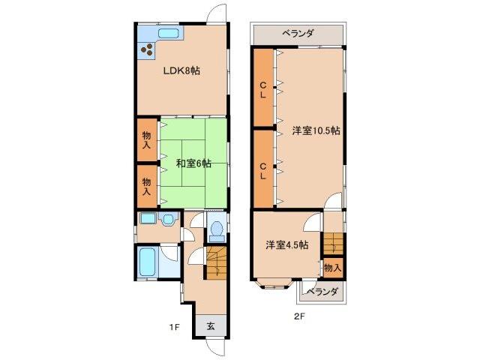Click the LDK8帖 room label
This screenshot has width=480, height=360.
[181, 70]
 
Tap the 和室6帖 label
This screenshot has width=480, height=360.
[193, 163]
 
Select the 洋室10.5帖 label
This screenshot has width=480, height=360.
[316, 130]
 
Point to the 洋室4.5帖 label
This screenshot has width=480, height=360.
[286, 244]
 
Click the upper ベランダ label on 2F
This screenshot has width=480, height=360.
[298, 33]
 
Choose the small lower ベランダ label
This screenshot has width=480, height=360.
[322, 291]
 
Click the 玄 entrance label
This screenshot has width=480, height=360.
[211, 326]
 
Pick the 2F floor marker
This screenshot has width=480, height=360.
[298, 316]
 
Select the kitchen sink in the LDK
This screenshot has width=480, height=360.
[169, 33]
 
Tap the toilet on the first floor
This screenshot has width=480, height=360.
[216, 228]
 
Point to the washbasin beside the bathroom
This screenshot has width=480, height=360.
[166, 220]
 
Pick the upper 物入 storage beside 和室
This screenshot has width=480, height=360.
[146, 140]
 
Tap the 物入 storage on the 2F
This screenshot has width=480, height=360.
[333, 267]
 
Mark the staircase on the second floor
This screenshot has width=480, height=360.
[333, 244]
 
